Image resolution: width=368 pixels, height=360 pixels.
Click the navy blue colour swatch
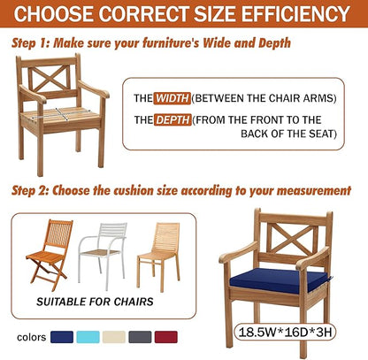click(62, 337)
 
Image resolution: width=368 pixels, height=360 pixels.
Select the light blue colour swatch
click(88, 337)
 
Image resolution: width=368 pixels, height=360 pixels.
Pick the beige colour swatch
click(114, 337)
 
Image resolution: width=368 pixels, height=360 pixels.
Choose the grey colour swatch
click(140, 337)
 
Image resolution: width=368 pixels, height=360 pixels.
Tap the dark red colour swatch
click(166, 337)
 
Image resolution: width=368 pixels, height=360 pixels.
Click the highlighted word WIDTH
click(172, 98)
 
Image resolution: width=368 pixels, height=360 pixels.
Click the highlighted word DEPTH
click(172, 120)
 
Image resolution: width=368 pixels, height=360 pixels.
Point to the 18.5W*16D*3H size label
click(285, 332)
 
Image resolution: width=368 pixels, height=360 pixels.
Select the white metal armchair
click(103, 255)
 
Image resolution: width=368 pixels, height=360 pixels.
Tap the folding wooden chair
click(50, 255)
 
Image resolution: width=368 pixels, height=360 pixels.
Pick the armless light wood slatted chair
click(159, 256)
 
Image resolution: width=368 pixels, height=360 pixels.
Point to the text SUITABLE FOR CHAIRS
click(95, 302)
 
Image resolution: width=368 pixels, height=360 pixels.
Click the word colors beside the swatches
click(31, 337)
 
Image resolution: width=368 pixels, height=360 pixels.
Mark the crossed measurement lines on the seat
click(59, 114)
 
